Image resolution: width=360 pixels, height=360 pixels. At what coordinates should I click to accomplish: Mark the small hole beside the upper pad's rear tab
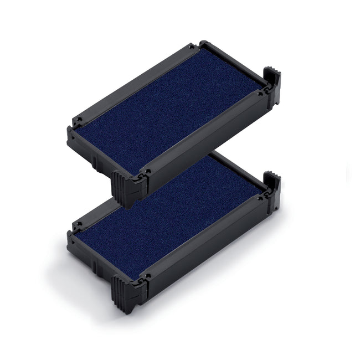(x=259, y=94)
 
